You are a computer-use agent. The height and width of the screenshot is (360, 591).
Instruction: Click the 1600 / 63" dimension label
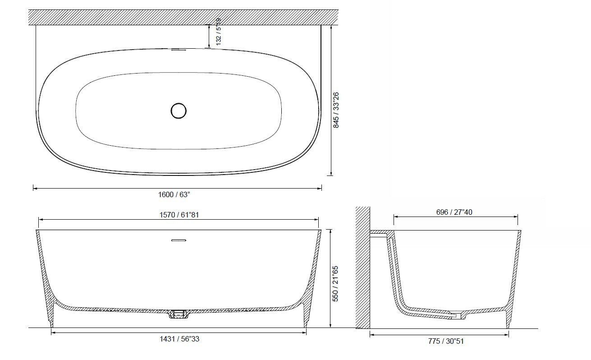174,194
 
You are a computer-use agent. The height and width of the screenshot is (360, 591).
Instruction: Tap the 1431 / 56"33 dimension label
179,339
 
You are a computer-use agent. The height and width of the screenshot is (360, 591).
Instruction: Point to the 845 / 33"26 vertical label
336,110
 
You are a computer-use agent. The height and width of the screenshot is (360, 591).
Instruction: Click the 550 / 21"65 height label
336,283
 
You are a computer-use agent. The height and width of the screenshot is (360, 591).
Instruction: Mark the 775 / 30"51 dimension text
446,341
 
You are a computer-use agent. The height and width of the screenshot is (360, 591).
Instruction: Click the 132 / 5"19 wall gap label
219,32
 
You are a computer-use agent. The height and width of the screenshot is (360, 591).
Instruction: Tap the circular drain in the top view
179,111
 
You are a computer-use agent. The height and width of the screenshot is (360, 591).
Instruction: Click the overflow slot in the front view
179,240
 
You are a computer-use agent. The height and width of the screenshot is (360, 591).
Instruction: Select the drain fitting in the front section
179,314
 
